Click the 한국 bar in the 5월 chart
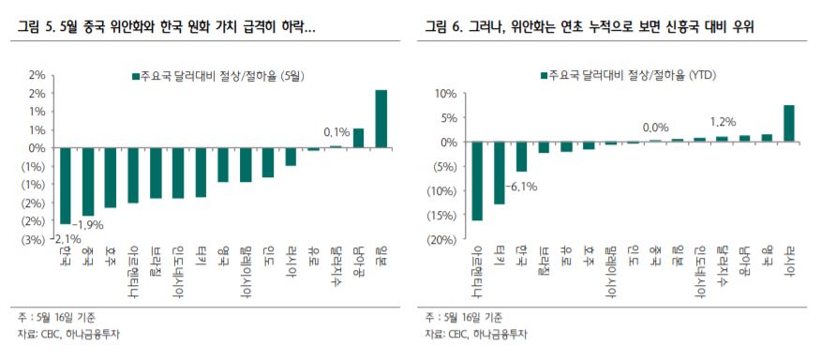click(65, 186)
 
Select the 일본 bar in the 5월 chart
click(381, 119)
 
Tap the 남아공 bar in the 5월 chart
click(358, 138)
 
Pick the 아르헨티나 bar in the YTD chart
click(478, 181)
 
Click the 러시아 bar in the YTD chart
click(789, 123)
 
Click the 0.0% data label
click(655, 127)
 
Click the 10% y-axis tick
click(442, 94)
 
